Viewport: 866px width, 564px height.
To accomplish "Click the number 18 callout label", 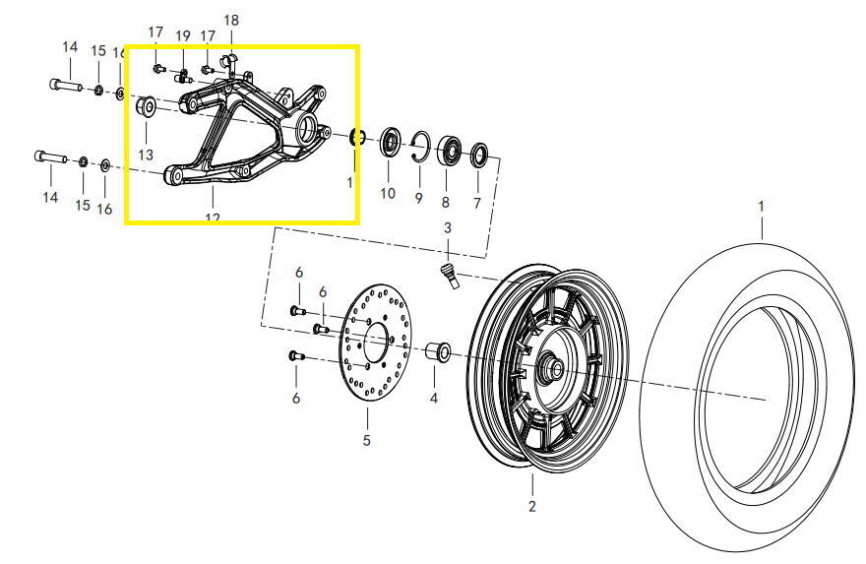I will point(231,21).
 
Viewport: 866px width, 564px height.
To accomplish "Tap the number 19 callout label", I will point(183,36).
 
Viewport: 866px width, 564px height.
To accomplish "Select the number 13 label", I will point(146,156).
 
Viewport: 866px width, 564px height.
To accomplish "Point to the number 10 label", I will point(388,194).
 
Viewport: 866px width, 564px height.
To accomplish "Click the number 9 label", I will point(418,199).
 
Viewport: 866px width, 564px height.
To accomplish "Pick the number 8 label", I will point(445,202).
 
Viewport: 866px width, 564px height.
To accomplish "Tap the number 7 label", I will point(477,204).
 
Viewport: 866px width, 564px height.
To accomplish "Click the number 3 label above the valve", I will point(447,228).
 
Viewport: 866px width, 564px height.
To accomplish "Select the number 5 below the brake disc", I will point(366,440).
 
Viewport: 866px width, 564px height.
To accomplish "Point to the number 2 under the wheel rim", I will point(531,507).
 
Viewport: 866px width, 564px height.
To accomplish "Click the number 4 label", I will point(434,399).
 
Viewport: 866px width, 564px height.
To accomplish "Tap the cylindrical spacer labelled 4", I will point(437,352).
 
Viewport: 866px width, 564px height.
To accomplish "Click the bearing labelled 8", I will point(452,149).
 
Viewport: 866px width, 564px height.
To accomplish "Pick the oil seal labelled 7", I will point(480,155).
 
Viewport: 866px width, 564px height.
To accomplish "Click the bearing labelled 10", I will point(391,142).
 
